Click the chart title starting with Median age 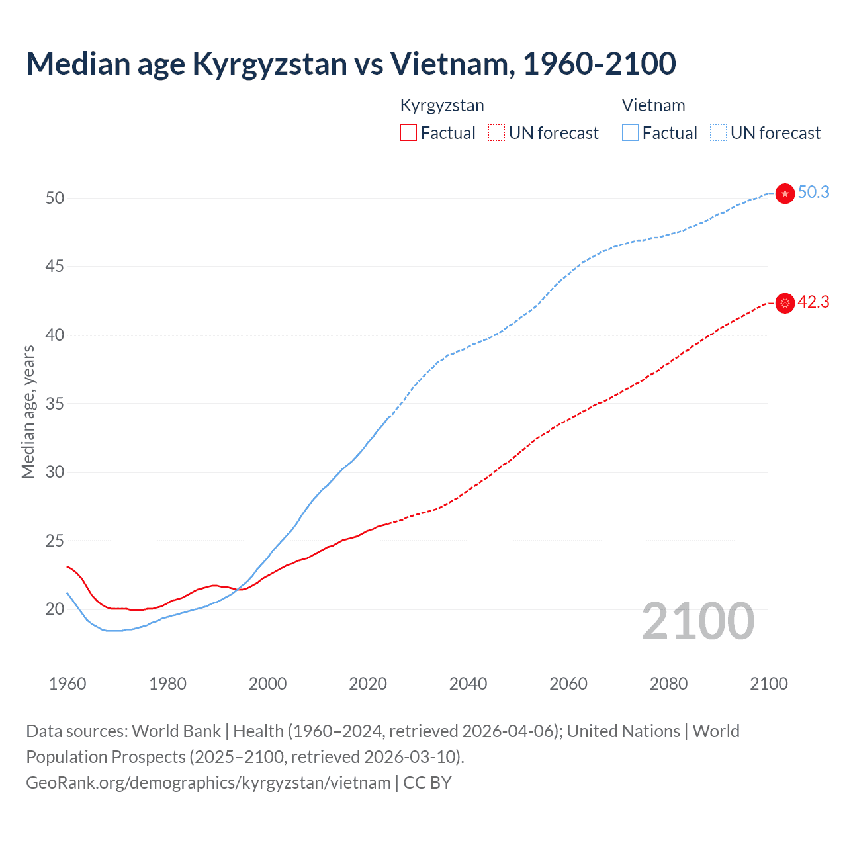pos(351,64)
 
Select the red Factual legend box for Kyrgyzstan pos(408,133)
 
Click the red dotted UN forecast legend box pos(496,133)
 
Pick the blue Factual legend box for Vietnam pos(631,133)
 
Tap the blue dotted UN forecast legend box pos(719,133)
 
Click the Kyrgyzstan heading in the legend pos(442,105)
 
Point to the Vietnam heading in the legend pos(653,105)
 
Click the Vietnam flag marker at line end pos(785,193)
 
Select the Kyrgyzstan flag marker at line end pos(785,303)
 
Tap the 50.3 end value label pos(813,193)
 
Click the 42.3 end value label pos(813,302)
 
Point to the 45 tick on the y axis pos(55,267)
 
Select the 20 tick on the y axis pos(55,609)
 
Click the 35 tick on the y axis pos(55,404)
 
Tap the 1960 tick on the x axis pos(67,684)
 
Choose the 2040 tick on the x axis pos(468,684)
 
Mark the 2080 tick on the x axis pos(668,684)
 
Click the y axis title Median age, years pos(28,412)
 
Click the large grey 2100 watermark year pos(697,621)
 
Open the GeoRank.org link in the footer pos(208,783)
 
